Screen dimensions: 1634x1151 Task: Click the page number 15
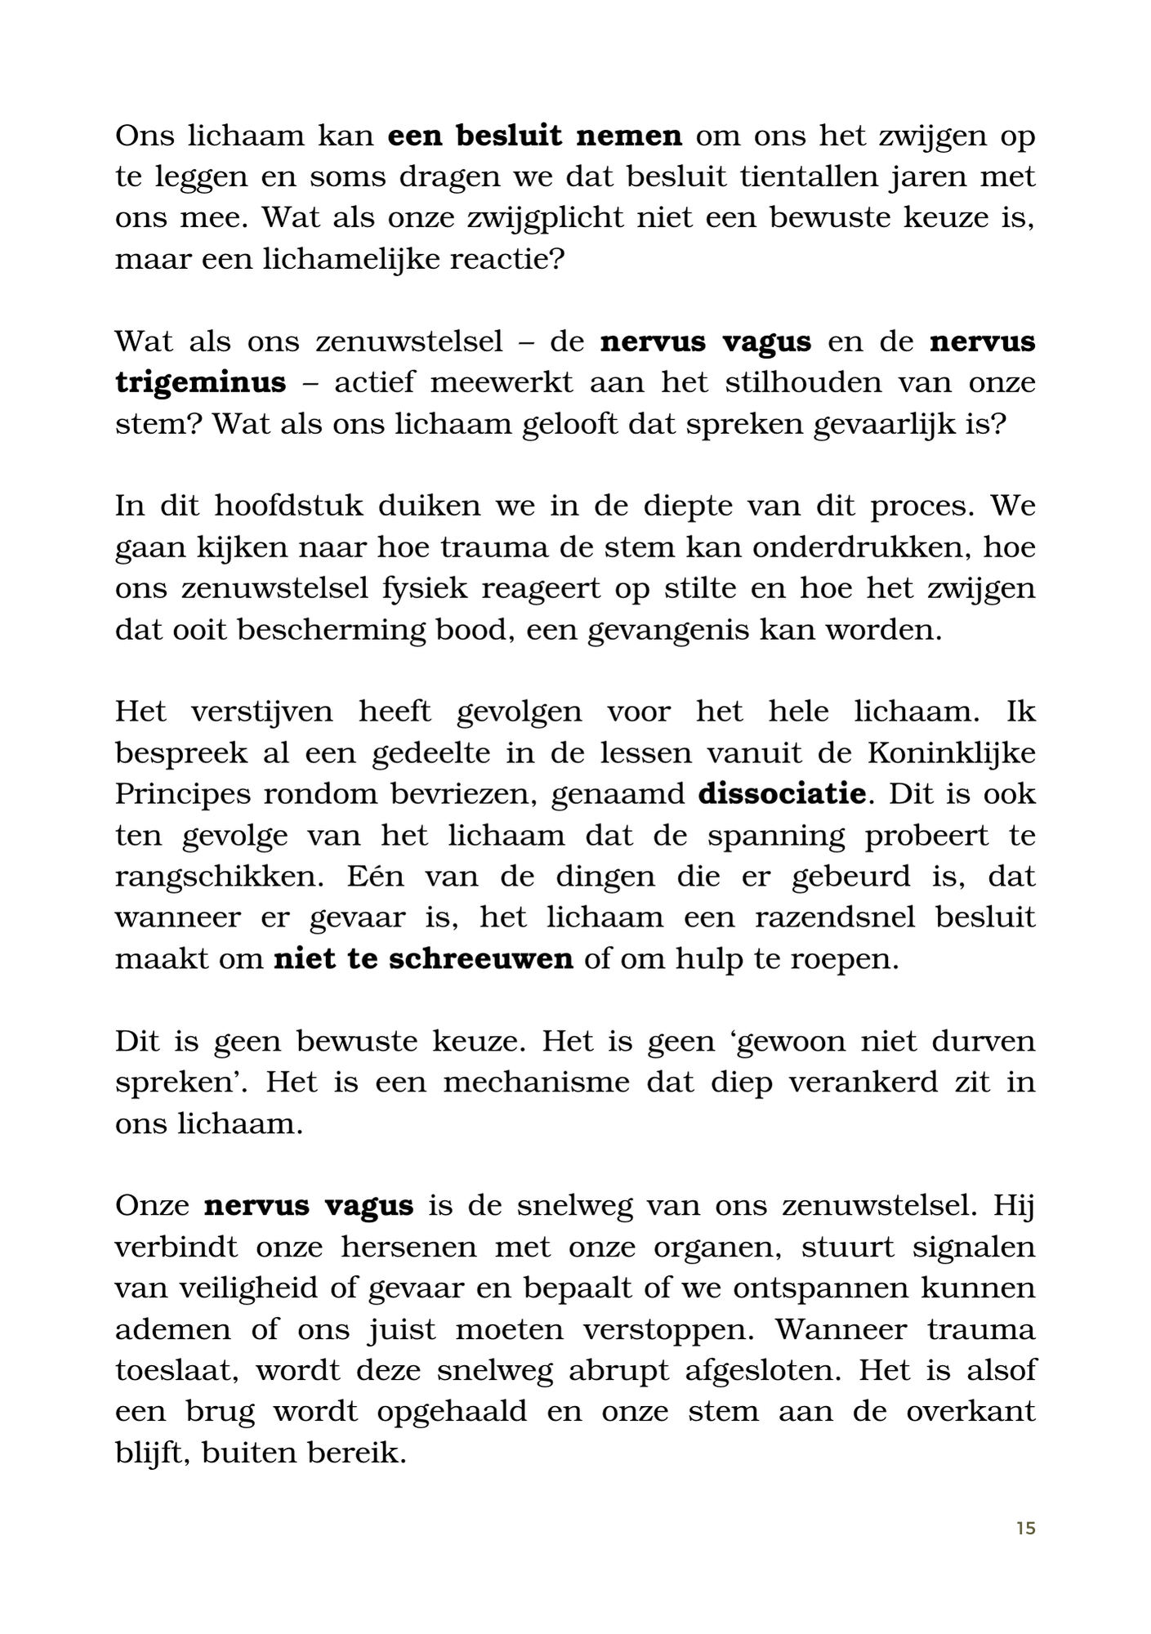point(1026,1528)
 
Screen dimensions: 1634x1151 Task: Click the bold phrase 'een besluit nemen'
point(534,136)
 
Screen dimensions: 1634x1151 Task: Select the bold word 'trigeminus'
point(200,382)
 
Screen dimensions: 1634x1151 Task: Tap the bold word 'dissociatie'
point(782,793)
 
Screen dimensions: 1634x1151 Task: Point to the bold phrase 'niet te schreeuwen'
point(423,958)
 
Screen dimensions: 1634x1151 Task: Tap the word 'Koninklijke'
point(951,752)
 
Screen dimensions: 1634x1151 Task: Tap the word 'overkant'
point(970,1412)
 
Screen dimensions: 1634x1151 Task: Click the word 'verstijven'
point(261,712)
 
